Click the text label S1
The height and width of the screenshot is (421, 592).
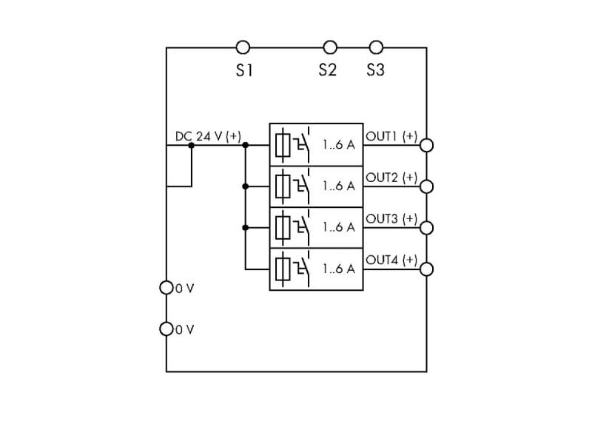click(244, 70)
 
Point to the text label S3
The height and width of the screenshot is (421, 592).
click(376, 70)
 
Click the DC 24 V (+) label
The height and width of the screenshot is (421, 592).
click(208, 136)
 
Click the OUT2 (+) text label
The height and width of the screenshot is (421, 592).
click(391, 178)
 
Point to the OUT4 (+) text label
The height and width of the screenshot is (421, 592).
click(391, 260)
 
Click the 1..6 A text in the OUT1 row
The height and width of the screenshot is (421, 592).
click(339, 144)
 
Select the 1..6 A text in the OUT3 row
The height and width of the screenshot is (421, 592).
click(339, 227)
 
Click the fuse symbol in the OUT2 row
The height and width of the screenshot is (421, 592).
click(283, 186)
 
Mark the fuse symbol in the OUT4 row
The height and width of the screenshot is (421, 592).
click(283, 269)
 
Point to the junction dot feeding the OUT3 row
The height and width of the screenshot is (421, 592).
click(246, 228)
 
